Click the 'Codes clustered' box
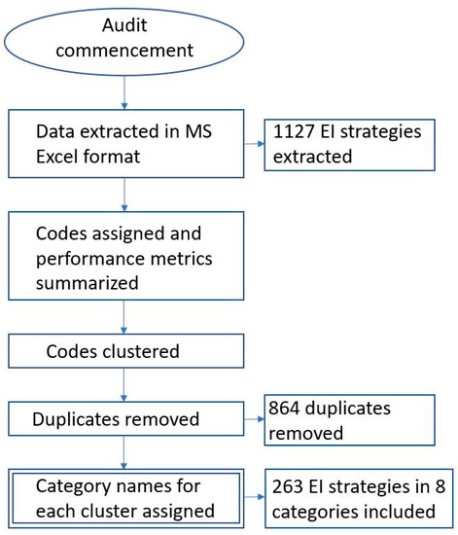click(x=124, y=351)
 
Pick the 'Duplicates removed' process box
click(x=124, y=420)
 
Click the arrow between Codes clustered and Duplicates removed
click(x=124, y=385)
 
